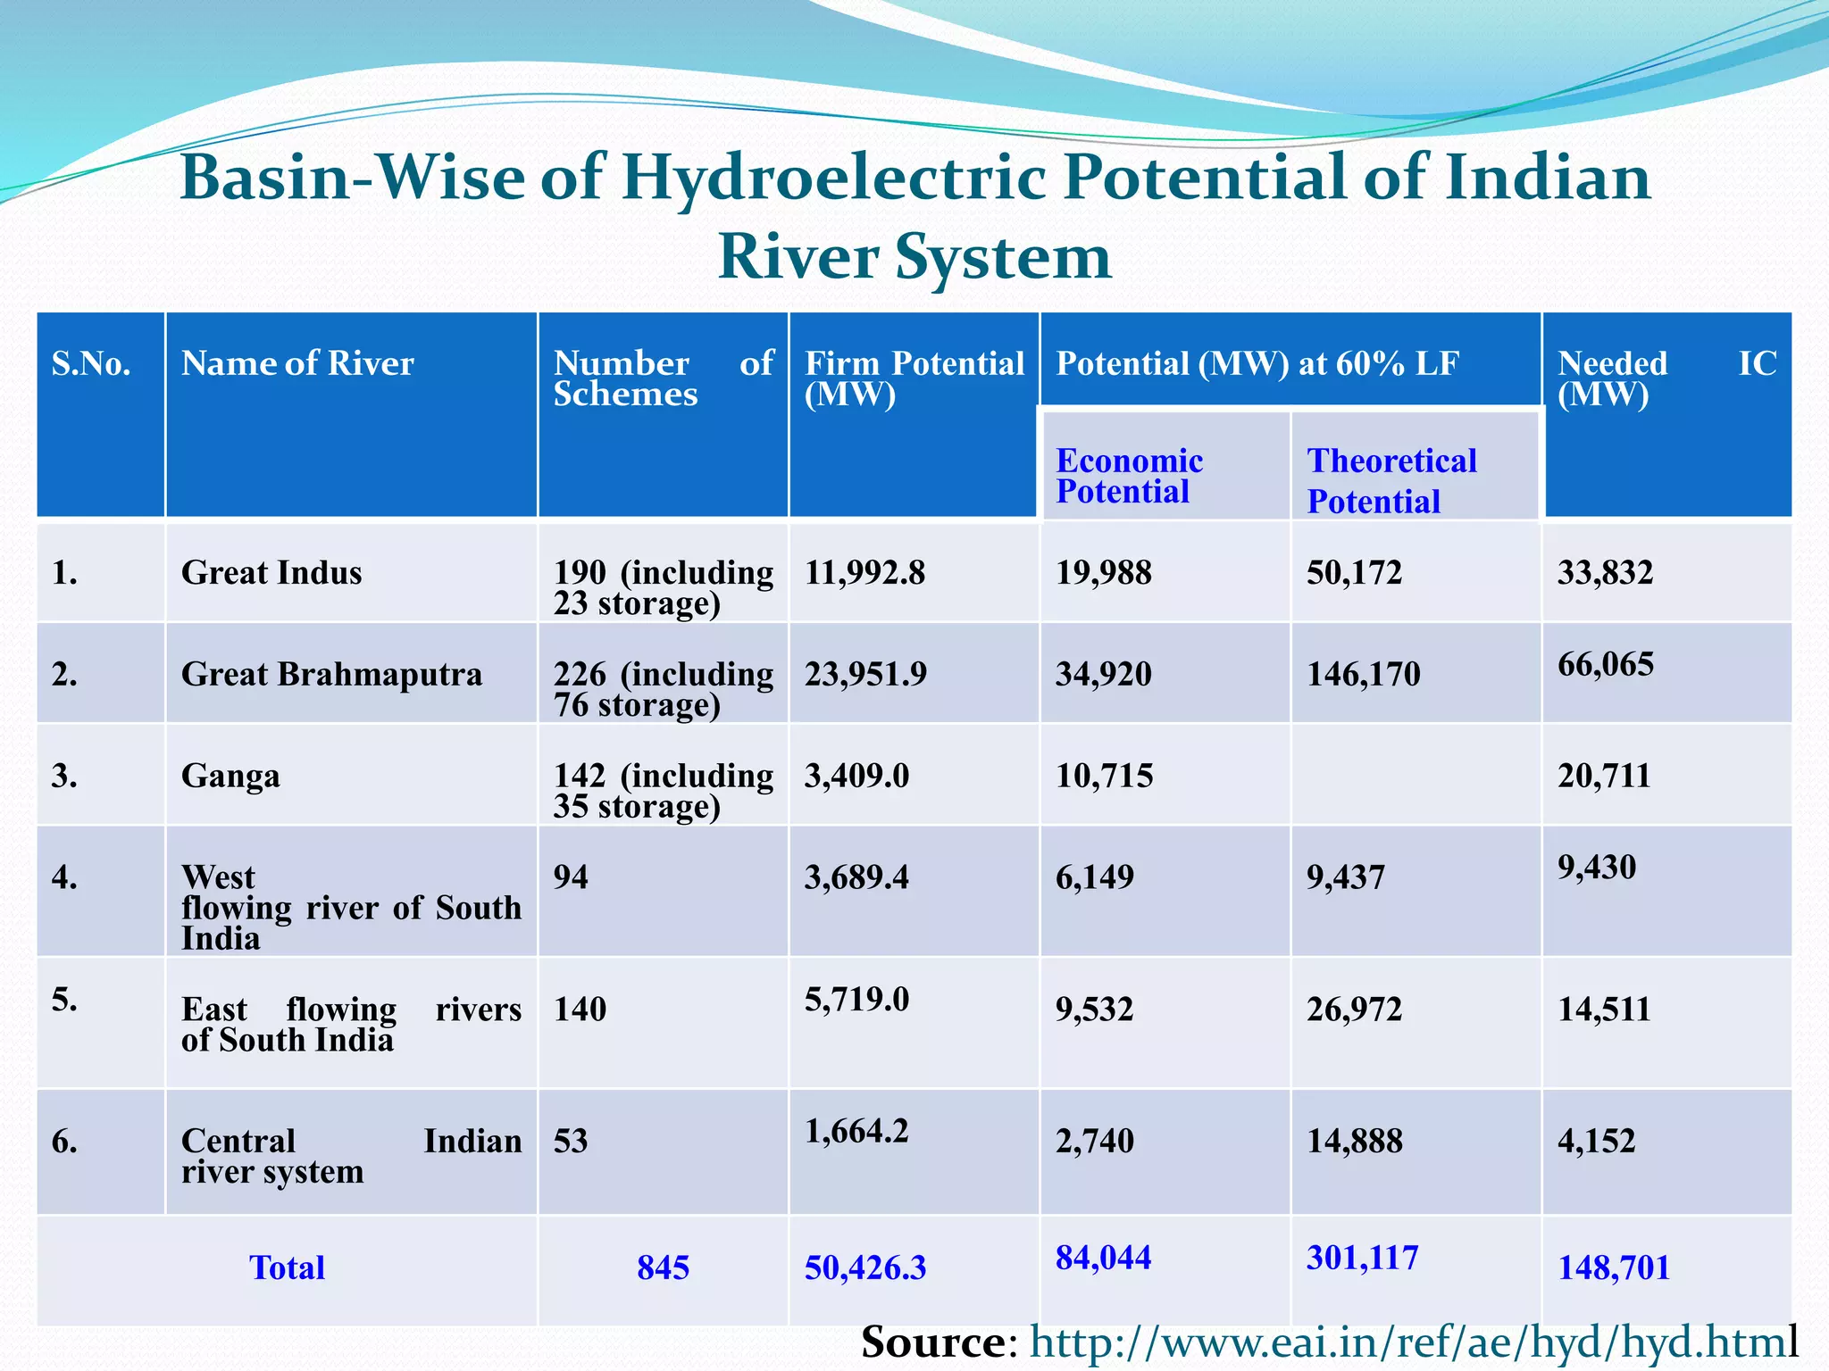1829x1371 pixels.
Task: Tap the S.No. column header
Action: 91,363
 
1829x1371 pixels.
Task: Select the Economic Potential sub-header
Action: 1129,476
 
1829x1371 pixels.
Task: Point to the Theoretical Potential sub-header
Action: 1391,480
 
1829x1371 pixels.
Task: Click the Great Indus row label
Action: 271,572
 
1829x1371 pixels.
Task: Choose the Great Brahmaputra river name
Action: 331,674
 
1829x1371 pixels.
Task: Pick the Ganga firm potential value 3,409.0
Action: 856,776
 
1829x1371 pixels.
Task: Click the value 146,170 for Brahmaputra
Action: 1363,674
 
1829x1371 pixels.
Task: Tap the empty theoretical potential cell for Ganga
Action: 1416,775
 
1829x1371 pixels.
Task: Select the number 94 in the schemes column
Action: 571,877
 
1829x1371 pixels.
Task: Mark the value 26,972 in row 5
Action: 1354,1010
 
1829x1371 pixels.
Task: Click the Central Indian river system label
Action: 350,1156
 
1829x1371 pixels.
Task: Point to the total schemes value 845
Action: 663,1267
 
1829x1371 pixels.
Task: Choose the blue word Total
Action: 287,1267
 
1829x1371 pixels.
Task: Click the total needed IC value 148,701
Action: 1613,1267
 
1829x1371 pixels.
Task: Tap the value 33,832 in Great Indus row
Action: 1605,572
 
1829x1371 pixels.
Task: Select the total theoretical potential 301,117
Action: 1362,1258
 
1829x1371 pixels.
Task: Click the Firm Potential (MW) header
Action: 913,378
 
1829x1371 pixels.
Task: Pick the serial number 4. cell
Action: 64,877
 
